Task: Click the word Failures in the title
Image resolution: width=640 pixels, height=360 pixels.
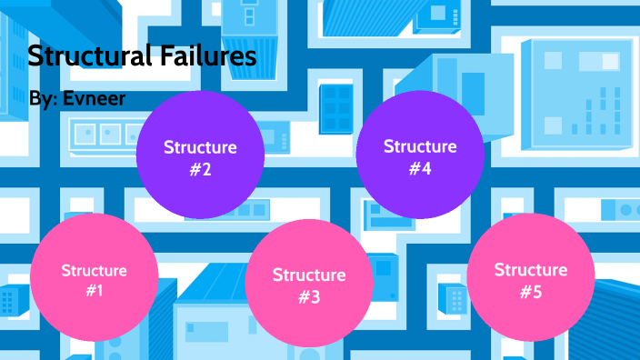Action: click(208, 56)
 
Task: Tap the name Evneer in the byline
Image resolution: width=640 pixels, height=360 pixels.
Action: click(94, 98)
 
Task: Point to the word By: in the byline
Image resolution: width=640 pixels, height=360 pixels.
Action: click(44, 98)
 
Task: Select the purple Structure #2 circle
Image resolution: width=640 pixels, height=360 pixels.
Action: click(200, 155)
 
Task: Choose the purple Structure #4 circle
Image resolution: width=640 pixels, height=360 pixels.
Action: click(420, 155)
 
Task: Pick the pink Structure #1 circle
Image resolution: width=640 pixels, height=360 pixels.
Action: click(95, 277)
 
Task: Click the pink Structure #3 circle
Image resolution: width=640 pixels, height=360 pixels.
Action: click(309, 284)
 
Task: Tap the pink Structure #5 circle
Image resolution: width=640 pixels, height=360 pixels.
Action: click(531, 276)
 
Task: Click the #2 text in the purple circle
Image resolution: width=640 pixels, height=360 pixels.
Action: click(200, 169)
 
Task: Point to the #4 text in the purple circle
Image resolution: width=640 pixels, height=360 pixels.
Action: click(420, 168)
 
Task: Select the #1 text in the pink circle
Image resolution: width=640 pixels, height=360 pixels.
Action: click(95, 290)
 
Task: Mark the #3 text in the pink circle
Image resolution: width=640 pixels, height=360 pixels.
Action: click(309, 296)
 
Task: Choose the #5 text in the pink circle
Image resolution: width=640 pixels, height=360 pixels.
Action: click(531, 292)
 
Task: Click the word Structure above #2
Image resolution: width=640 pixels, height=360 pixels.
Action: click(200, 147)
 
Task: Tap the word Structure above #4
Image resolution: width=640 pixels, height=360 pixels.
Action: click(420, 146)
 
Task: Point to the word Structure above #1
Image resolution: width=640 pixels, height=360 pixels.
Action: click(95, 271)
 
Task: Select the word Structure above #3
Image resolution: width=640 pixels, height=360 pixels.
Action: click(309, 275)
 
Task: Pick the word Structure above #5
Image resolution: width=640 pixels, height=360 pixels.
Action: click(531, 270)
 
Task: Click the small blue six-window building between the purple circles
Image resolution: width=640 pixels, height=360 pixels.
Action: click(336, 109)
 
